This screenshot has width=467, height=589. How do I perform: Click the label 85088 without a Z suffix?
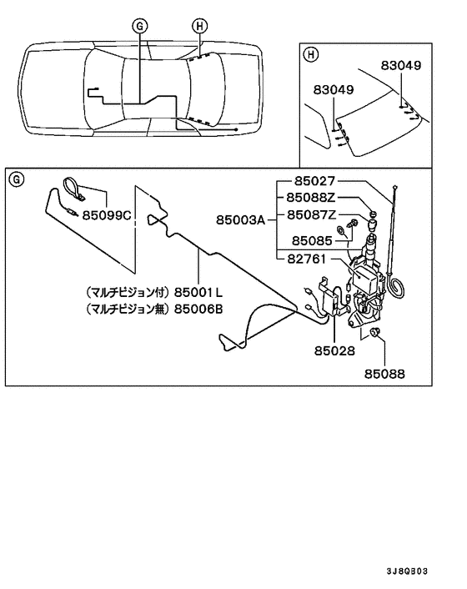click(384, 375)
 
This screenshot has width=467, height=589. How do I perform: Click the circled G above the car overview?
click(139, 26)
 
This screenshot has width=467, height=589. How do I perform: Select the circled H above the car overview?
click(198, 25)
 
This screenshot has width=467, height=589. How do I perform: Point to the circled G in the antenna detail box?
click(17, 179)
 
